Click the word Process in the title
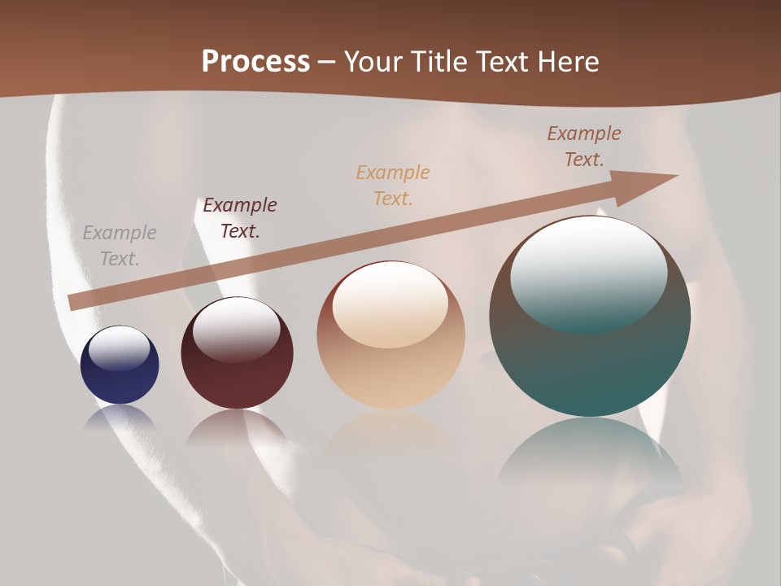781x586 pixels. pyautogui.click(x=255, y=61)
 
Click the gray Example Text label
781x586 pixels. pyautogui.click(x=120, y=245)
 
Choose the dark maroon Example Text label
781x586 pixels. pyautogui.click(x=240, y=217)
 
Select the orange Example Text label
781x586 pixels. pyautogui.click(x=393, y=185)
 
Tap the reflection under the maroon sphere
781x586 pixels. pyautogui.click(x=237, y=428)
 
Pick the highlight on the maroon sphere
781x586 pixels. pyautogui.click(x=236, y=329)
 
